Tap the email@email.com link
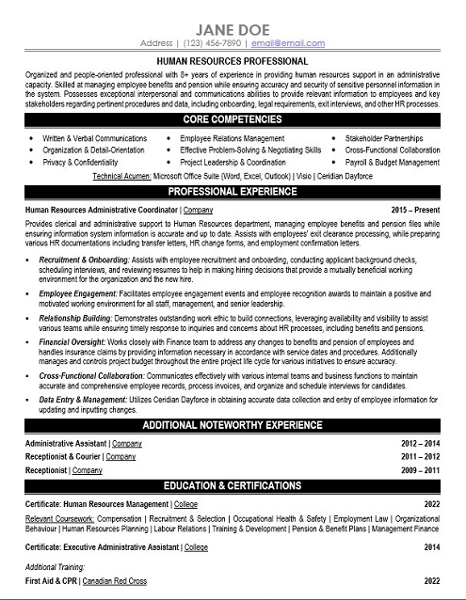coord(281,43)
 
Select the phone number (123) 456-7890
coord(212,43)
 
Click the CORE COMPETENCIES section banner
coord(233,123)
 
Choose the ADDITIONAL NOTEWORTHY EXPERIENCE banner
coord(233,426)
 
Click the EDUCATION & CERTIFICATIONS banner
coord(233,486)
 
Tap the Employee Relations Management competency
coord(233,137)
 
